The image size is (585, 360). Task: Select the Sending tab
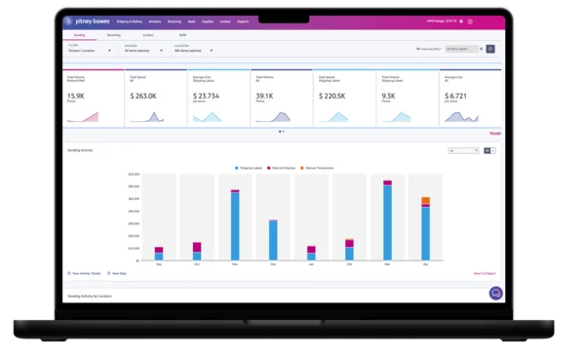coord(79,34)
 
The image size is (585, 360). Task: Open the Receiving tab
coord(114,34)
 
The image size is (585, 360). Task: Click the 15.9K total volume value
coord(76,97)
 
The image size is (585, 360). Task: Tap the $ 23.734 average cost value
coord(206,97)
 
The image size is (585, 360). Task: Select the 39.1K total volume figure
coord(264,97)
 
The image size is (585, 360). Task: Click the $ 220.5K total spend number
coord(331,97)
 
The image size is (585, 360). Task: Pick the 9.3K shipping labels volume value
coord(389,97)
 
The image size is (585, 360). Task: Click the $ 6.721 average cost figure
coord(457,97)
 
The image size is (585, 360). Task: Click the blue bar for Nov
coord(235,225)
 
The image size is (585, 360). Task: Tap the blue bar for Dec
coord(273,240)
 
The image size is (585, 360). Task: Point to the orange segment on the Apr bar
coord(425,201)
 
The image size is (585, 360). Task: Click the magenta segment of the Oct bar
coord(197,247)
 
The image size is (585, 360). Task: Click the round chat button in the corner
coord(495,293)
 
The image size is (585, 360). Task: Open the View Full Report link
coord(485,273)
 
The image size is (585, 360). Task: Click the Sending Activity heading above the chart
coord(80,150)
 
